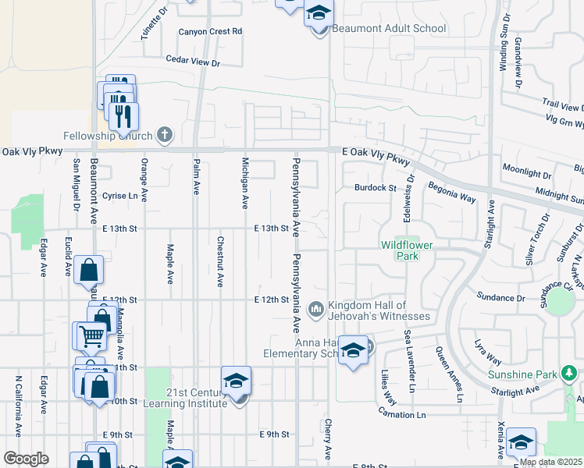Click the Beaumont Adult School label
(x=389, y=29)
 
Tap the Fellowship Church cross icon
(x=164, y=135)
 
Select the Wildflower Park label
(x=406, y=250)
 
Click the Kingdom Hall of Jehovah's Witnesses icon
(x=316, y=310)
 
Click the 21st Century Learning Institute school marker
(x=236, y=381)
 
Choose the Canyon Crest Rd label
(x=210, y=32)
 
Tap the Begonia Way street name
(x=451, y=193)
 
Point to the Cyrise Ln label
(x=120, y=196)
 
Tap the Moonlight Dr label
(x=527, y=168)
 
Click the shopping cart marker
(x=91, y=336)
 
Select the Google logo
(x=26, y=459)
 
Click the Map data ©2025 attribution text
(x=550, y=462)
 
